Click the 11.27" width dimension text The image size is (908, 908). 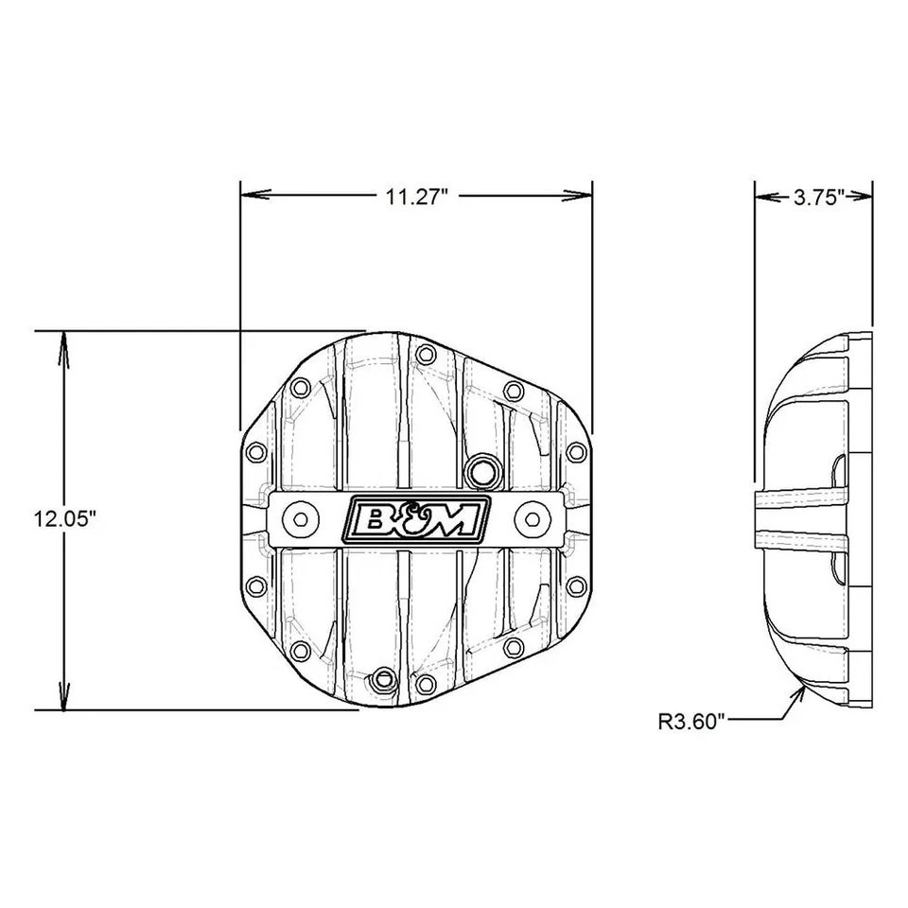(x=415, y=197)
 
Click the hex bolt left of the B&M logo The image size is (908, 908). (x=300, y=517)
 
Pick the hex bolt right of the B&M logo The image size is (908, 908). (x=532, y=517)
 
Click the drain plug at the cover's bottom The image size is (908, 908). (x=383, y=677)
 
